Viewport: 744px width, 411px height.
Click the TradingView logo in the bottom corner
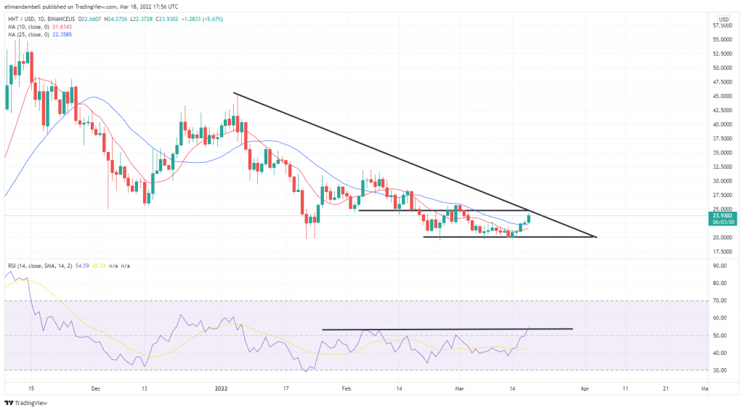tap(23, 402)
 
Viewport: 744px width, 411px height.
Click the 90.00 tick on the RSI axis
tap(721, 266)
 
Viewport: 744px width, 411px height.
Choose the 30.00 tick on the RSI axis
tap(721, 370)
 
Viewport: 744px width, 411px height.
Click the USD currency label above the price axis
tap(724, 18)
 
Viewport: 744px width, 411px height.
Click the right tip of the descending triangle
tap(596, 237)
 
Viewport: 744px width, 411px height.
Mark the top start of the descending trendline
tap(233, 93)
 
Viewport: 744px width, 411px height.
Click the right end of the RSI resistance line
tap(573, 329)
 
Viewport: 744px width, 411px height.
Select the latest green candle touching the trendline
tap(529, 218)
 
